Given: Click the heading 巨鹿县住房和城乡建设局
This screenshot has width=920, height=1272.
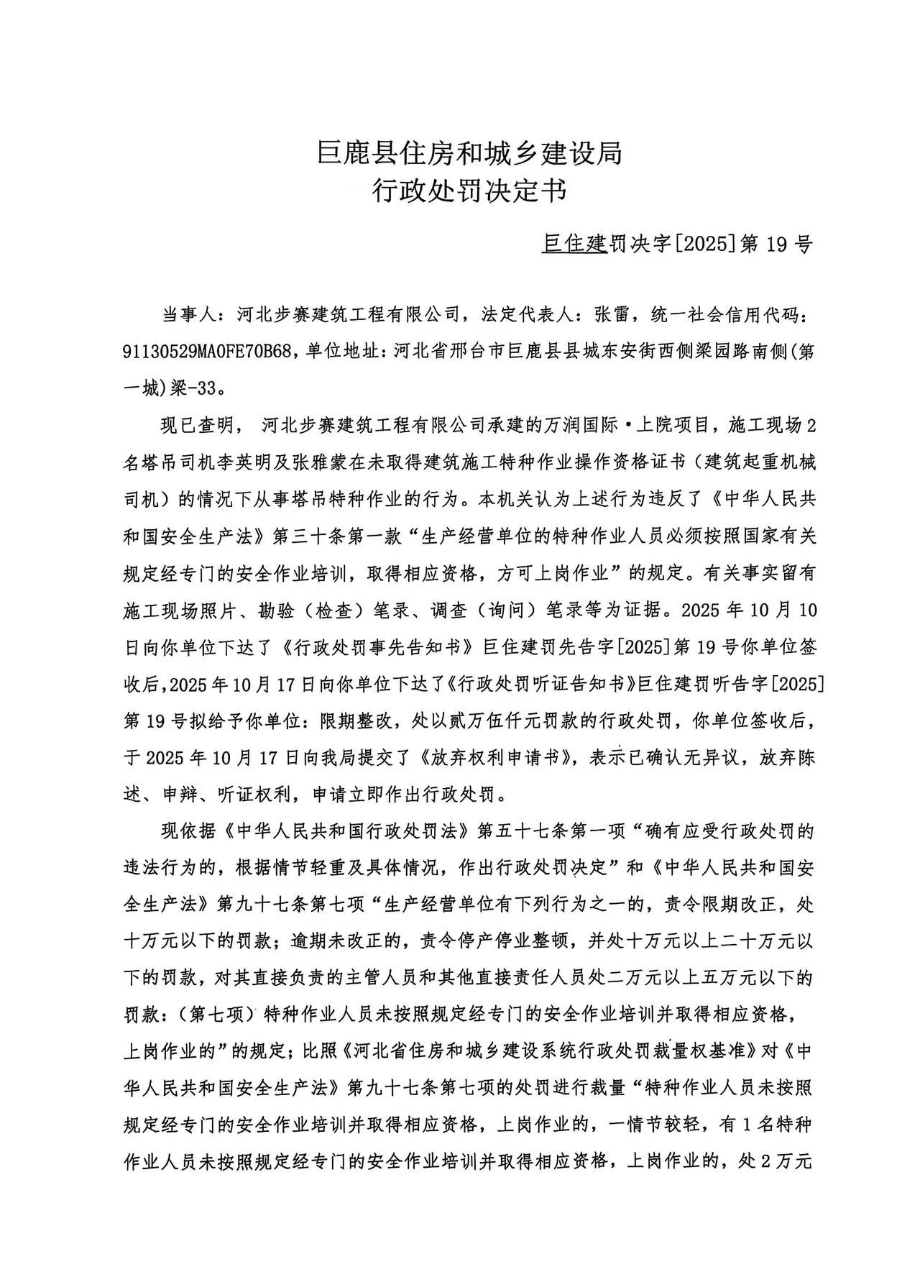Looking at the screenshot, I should tap(469, 153).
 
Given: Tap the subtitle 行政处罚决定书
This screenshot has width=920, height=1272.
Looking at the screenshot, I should tap(469, 191).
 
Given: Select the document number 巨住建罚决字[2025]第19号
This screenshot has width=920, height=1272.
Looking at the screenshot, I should tap(676, 244).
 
